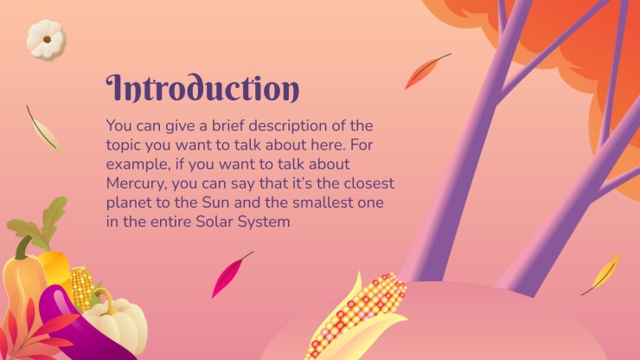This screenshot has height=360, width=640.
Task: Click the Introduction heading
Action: pyautogui.click(x=202, y=88)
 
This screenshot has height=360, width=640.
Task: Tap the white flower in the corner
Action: pyautogui.click(x=46, y=39)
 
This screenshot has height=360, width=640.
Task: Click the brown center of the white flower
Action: pyautogui.click(x=47, y=40)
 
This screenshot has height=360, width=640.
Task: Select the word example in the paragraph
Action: pyautogui.click(x=138, y=164)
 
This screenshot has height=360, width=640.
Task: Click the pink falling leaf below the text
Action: pyautogui.click(x=231, y=274)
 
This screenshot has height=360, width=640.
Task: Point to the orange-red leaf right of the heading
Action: pyautogui.click(x=427, y=71)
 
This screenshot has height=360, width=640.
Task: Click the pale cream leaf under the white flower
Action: pyautogui.click(x=44, y=132)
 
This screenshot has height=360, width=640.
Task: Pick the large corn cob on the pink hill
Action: pyautogui.click(x=358, y=316)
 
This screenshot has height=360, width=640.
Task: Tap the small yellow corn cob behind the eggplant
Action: pyautogui.click(x=82, y=286)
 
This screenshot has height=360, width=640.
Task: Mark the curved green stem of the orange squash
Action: pyautogui.click(x=23, y=247)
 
